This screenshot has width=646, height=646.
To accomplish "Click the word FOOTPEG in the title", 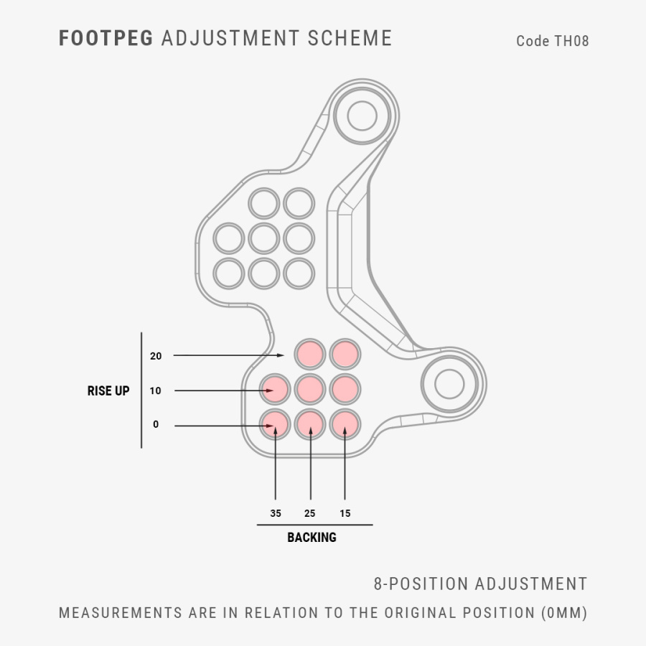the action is [106, 38].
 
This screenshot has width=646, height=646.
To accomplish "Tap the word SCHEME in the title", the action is [350, 38].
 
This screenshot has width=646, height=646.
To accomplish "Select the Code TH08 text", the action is [553, 41].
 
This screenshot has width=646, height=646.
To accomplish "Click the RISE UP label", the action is [108, 390].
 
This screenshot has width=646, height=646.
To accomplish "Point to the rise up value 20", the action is [156, 356].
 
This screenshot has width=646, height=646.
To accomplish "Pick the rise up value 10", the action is [155, 390].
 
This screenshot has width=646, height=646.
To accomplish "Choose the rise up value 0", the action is [156, 424].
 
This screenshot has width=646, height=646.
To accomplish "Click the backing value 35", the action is [276, 513].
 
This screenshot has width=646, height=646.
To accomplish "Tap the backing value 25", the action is [310, 513].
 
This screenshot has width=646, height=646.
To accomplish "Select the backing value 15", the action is [345, 513].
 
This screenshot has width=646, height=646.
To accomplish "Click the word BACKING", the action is [312, 537].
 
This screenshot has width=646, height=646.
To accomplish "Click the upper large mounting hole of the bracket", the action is [362, 116].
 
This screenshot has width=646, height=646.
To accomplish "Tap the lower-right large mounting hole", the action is [449, 384].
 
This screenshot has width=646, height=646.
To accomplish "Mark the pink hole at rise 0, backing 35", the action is [275, 424].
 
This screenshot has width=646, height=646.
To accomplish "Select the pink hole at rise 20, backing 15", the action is [345, 355].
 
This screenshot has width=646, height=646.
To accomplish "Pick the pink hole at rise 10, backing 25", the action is [310, 389].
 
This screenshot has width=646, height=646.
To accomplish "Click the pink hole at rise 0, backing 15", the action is [345, 424].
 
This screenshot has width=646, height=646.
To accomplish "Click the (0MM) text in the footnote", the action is [564, 613].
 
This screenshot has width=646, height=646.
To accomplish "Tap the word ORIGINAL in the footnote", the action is [420, 613].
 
